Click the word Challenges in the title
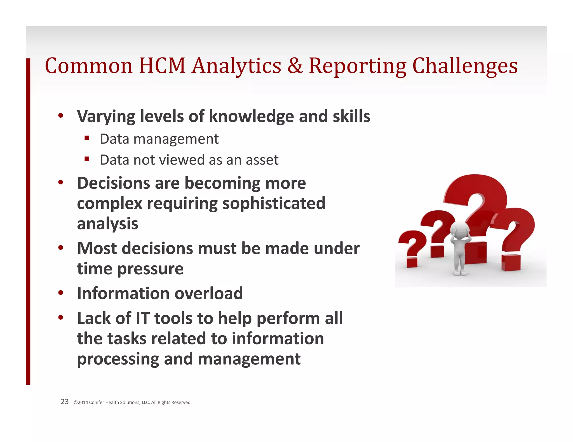point(465,66)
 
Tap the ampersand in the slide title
point(295,66)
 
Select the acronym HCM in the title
point(162,66)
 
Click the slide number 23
point(65,402)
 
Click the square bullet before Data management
point(87,138)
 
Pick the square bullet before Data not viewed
point(87,159)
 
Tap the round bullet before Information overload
point(61,293)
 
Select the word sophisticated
point(274,203)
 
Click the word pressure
point(150,269)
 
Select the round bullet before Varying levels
point(61,115)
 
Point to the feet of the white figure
point(460,272)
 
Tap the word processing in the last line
point(118,359)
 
